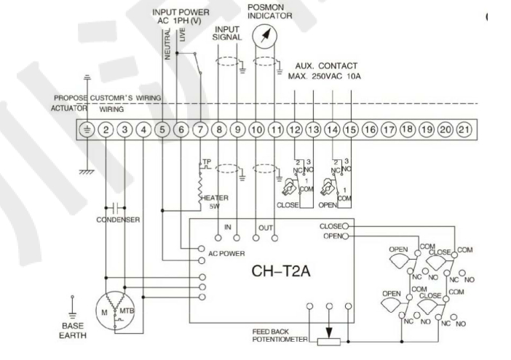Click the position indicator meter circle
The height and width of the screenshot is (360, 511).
tap(265, 36)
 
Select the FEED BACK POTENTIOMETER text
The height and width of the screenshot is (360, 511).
tap(281, 336)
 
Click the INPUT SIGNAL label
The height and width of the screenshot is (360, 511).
tap(229, 33)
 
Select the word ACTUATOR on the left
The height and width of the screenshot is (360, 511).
tap(68, 108)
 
